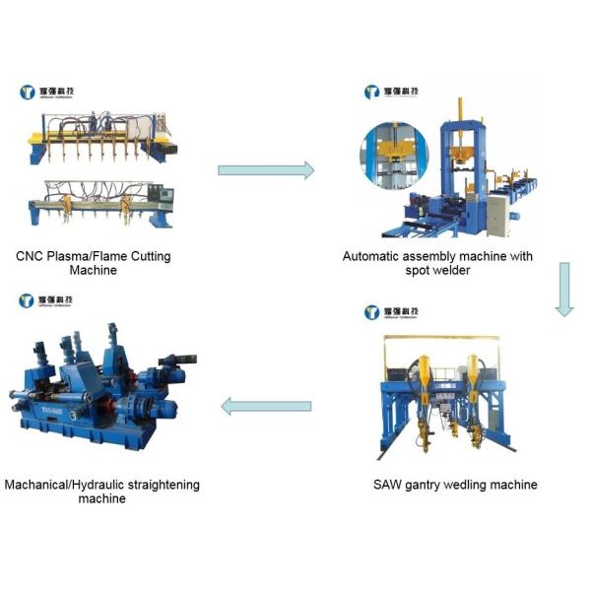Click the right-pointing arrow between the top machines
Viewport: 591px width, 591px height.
tap(265, 170)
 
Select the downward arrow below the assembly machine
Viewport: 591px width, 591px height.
tap(563, 289)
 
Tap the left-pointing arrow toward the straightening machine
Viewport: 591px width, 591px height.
tap(265, 405)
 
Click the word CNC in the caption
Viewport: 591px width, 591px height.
tap(31, 256)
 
